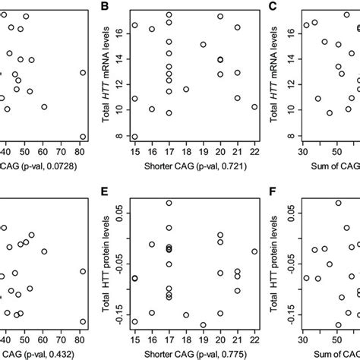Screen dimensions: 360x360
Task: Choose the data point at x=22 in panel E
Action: point(254,251)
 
